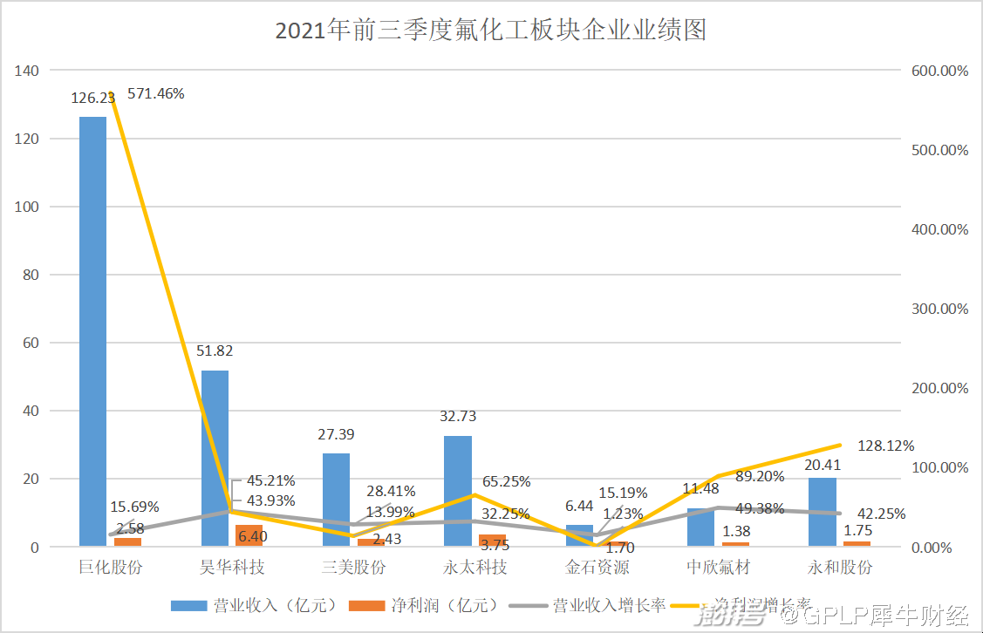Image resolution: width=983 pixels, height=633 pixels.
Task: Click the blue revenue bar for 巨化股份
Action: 92,331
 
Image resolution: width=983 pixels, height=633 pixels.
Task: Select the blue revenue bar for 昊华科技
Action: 215,459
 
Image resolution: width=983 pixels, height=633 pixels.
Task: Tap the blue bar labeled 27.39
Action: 336,500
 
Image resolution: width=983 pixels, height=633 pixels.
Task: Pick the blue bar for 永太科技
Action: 457,491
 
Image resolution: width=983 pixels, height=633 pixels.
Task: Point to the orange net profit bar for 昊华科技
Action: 249,536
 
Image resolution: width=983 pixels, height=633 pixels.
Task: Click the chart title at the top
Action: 490,31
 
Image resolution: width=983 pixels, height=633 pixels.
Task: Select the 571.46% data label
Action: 156,93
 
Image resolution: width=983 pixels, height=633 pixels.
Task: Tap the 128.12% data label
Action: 886,446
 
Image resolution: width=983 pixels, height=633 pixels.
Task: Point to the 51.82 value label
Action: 215,351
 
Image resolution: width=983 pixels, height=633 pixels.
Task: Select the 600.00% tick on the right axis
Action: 939,71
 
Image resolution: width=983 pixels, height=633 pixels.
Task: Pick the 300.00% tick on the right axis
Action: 939,309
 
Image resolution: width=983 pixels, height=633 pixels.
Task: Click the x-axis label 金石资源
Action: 597,568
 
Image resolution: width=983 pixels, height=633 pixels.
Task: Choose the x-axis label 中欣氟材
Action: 719,568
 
